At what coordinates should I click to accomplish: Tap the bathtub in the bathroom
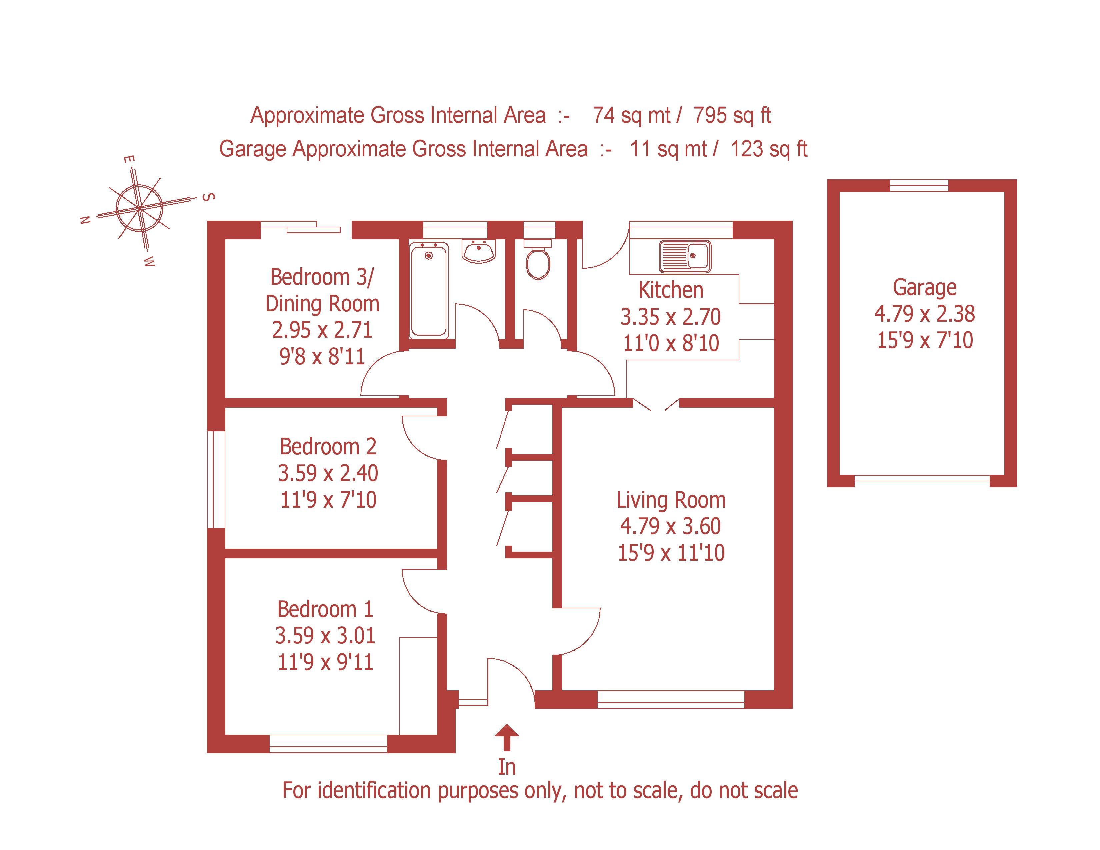coord(429,290)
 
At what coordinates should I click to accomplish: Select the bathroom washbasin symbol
coord(479,251)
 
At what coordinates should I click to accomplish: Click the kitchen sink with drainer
coord(685,256)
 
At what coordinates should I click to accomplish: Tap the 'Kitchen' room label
coord(671,290)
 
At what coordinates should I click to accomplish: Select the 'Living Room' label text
coord(671,500)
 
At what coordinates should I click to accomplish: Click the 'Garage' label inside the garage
coord(924,288)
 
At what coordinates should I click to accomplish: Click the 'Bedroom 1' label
coord(325,609)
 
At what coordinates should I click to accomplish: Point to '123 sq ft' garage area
coord(769,149)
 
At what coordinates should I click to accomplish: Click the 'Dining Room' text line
coord(322,304)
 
